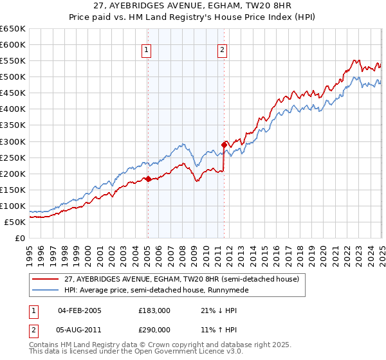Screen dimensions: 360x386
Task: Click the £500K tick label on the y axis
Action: [13, 77]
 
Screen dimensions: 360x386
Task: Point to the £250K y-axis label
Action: [13, 157]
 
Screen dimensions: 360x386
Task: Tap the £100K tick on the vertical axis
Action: [13, 206]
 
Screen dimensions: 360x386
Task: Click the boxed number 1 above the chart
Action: [147, 51]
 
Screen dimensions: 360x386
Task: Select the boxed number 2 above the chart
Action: [222, 51]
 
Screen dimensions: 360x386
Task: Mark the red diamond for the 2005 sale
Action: [148, 179]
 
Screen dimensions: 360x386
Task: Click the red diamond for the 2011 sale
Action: [225, 145]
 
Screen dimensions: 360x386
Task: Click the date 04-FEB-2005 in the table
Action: [79, 310]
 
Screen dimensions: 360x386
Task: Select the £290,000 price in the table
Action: [155, 328]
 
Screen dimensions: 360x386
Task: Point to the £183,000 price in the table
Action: [155, 310]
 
